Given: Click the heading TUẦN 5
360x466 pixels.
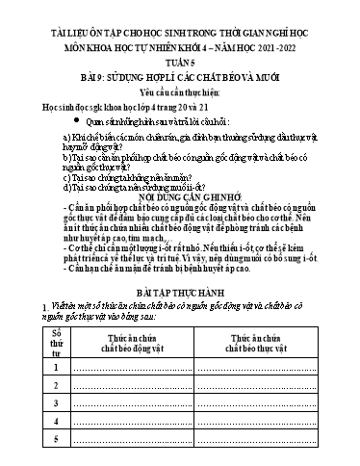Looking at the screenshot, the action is (180, 55).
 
